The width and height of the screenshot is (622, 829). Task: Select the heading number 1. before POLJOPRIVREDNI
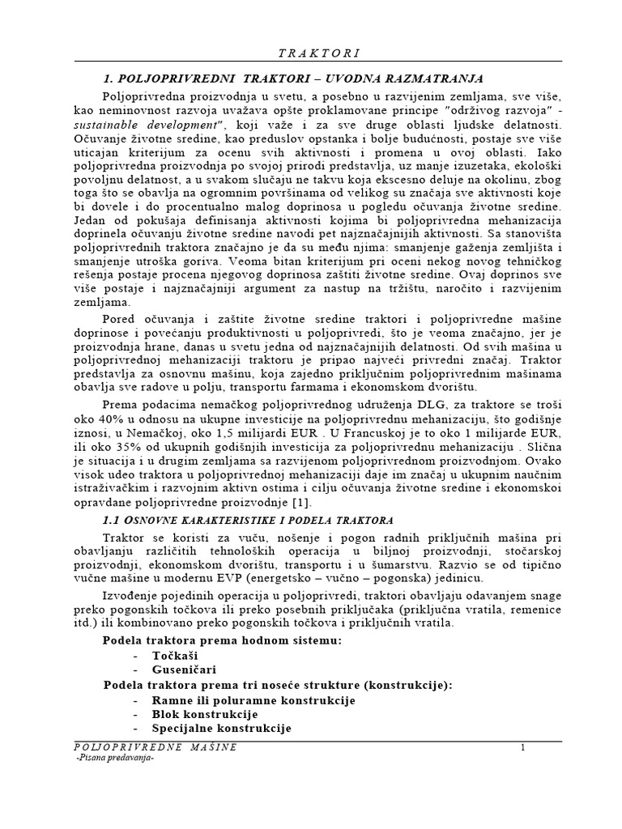pos(109,79)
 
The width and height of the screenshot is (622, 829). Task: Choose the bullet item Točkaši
pos(175,655)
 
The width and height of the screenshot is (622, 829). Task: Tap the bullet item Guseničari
pos(184,670)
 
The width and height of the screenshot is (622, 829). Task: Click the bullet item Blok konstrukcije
pos(204,714)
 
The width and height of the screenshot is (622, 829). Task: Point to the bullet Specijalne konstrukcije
pos(221,729)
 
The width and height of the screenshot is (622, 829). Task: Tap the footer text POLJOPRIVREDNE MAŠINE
pos(155,747)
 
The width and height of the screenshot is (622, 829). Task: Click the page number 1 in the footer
pos(523,747)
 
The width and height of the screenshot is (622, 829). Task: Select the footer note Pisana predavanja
pos(113,759)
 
